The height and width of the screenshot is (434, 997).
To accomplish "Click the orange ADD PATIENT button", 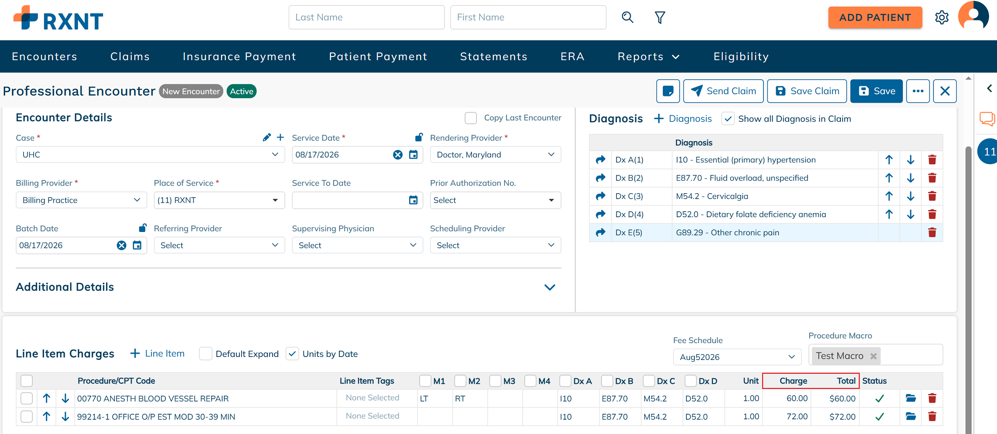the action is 875,17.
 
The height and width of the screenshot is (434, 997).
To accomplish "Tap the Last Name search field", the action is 366,17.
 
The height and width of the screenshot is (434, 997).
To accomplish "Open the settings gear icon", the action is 942,17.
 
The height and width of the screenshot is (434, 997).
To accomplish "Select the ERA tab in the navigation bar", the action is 572,56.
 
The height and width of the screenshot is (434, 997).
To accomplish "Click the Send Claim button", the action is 723,91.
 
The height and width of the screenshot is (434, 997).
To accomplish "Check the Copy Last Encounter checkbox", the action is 471,118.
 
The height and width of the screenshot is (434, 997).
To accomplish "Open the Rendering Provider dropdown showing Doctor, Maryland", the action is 495,154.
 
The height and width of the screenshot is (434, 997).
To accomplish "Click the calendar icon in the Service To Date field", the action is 413,200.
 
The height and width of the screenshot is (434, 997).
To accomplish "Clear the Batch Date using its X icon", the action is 121,245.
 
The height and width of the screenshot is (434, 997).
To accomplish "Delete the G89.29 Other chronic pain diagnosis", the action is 932,232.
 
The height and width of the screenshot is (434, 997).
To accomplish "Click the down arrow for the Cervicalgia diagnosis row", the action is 911,196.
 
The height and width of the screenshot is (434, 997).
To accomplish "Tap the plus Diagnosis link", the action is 683,119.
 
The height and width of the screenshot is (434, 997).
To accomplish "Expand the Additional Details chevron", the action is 550,287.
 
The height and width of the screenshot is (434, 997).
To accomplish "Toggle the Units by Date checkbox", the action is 292,354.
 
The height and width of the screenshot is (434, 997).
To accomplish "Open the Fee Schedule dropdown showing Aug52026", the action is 737,357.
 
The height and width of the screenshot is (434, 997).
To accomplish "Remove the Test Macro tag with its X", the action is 874,356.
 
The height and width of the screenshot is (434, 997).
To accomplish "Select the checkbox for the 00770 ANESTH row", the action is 27,398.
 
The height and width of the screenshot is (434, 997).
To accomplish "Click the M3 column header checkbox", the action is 495,381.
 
